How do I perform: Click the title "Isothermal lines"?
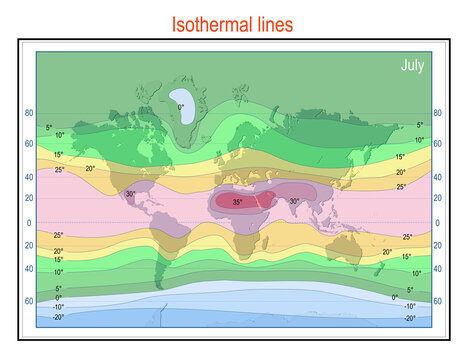pyautogui.click(x=232, y=24)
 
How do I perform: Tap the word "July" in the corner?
pyautogui.click(x=412, y=66)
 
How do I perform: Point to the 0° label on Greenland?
pyautogui.click(x=181, y=107)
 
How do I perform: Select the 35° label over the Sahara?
pyautogui.click(x=237, y=202)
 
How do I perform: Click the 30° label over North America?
pyautogui.click(x=130, y=194)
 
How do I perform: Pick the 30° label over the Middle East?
pyautogui.click(x=294, y=201)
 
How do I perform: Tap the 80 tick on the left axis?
pyautogui.click(x=29, y=114)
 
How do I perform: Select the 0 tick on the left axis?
pyautogui.click(x=29, y=223)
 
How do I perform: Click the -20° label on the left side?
pyautogui.click(x=58, y=316)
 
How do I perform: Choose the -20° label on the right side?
pyautogui.click(x=409, y=317)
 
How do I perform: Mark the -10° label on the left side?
pyautogui.click(x=58, y=306)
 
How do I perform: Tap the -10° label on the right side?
pyautogui.click(x=409, y=306)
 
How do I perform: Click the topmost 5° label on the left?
pyautogui.click(x=48, y=127)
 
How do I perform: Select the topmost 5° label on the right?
pyautogui.click(x=420, y=126)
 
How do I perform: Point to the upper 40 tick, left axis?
pyautogui.click(x=29, y=177)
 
